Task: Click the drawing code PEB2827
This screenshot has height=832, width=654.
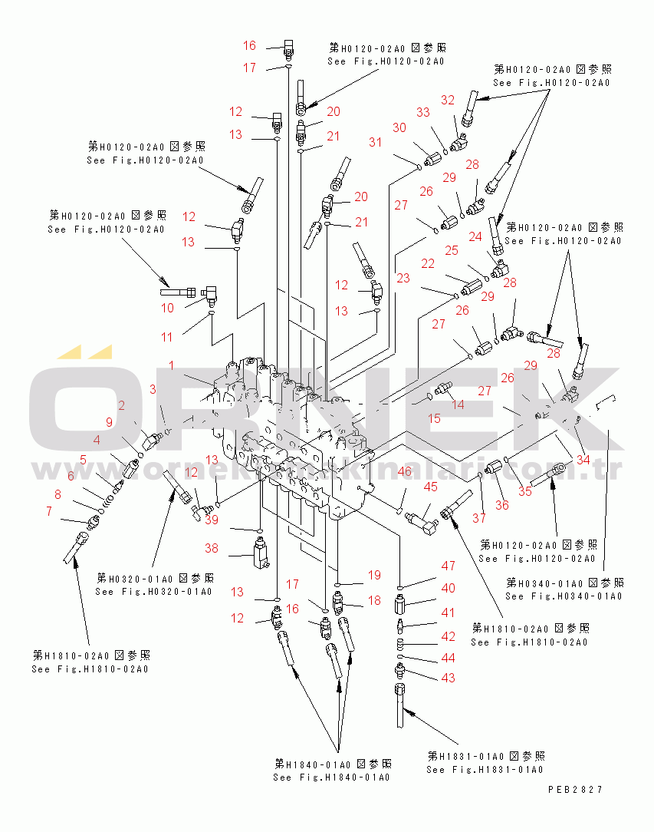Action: pyautogui.click(x=575, y=790)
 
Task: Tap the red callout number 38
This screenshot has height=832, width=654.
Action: pyautogui.click(x=212, y=548)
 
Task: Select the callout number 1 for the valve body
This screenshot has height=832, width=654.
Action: pyautogui.click(x=171, y=365)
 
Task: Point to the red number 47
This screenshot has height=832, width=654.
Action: pyautogui.click(x=449, y=566)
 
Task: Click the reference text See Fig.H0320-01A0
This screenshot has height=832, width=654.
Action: pyautogui.click(x=153, y=592)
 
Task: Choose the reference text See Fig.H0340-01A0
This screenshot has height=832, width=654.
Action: pyautogui.click(x=564, y=596)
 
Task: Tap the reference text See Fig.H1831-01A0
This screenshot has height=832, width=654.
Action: pyautogui.click(x=485, y=770)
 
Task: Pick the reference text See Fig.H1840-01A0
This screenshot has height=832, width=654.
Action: pyautogui.click(x=331, y=778)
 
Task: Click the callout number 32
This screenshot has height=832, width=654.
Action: pyautogui.click(x=448, y=100)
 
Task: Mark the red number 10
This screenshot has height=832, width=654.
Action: pyautogui.click(x=167, y=308)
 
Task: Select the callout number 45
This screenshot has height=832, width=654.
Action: pyautogui.click(x=430, y=487)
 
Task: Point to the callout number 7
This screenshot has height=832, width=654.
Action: pyautogui.click(x=49, y=511)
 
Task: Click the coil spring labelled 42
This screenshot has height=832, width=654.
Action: pyautogui.click(x=401, y=644)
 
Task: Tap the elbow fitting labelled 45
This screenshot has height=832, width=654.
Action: pyautogui.click(x=422, y=521)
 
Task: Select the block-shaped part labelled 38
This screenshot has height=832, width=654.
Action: pyautogui.click(x=261, y=553)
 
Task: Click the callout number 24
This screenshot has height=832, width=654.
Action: pyautogui.click(x=475, y=236)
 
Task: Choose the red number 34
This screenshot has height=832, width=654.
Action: pyautogui.click(x=583, y=460)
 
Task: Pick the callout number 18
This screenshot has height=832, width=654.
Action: pyautogui.click(x=375, y=600)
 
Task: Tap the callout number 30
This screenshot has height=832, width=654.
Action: pyautogui.click(x=399, y=127)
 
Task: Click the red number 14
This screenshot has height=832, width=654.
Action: pyautogui.click(x=458, y=404)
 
